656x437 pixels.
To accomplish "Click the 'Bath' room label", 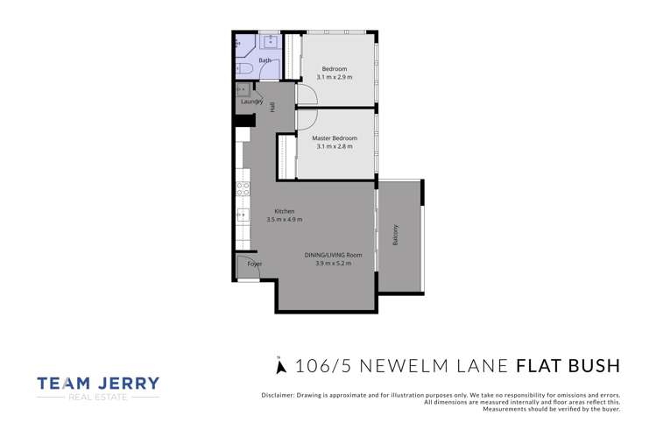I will pyautogui.click(x=265, y=60).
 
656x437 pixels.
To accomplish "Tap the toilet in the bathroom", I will pyautogui.click(x=244, y=67).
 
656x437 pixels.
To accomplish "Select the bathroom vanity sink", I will pyautogui.click(x=271, y=40).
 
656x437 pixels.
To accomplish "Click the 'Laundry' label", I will pyautogui.click(x=251, y=102).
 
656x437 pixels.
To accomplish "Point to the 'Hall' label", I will pyautogui.click(x=272, y=107).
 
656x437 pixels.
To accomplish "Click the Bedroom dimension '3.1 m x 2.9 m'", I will pyautogui.click(x=334, y=78).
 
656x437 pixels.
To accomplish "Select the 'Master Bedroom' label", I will pyautogui.click(x=334, y=137).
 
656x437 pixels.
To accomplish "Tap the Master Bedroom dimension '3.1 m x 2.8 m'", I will pyautogui.click(x=334, y=146).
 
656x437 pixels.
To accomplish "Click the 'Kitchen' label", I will pyautogui.click(x=285, y=211).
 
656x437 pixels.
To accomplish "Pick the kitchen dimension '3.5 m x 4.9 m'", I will pyautogui.click(x=285, y=220).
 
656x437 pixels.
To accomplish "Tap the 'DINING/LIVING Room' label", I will pyautogui.click(x=333, y=255).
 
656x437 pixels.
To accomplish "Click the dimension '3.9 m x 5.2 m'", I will pyautogui.click(x=333, y=263).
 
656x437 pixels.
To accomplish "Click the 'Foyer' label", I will pyautogui.click(x=254, y=264).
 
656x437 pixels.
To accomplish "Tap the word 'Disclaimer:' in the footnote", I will pyautogui.click(x=281, y=396).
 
